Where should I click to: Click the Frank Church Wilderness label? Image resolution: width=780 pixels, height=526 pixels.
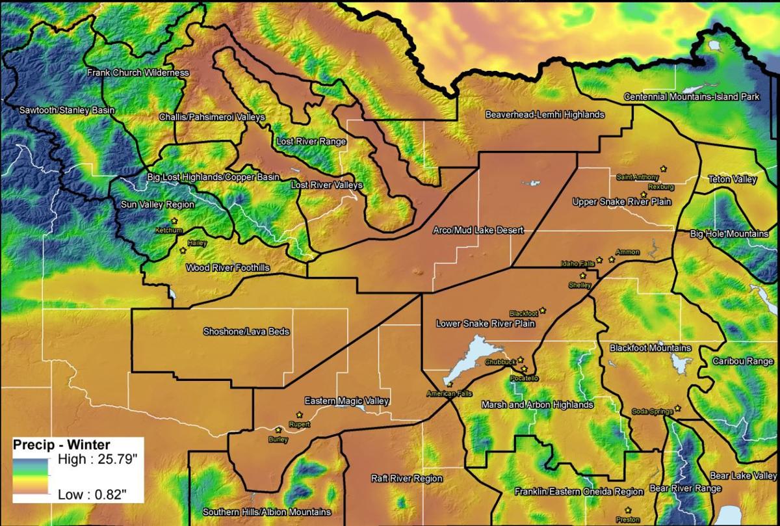pyautogui.click(x=138, y=73)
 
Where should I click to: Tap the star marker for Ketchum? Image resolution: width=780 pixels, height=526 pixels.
pyautogui.click(x=174, y=221)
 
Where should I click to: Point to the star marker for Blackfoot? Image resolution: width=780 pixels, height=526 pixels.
pyautogui.click(x=542, y=310)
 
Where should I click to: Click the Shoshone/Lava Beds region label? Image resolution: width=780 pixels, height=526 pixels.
pyautogui.click(x=246, y=332)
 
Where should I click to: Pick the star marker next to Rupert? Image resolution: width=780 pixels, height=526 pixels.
pyautogui.click(x=299, y=415)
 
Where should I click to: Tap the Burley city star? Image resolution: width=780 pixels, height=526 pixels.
pyautogui.click(x=278, y=430)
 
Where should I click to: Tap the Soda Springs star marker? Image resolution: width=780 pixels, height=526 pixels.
pyautogui.click(x=677, y=408)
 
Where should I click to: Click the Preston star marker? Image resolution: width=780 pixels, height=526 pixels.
pyautogui.click(x=628, y=510)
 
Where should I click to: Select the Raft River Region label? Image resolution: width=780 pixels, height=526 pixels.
pyautogui.click(x=406, y=479)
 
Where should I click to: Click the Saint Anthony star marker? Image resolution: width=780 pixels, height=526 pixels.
pyautogui.click(x=663, y=168)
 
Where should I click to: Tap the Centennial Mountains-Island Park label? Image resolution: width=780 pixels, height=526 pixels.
pyautogui.click(x=692, y=97)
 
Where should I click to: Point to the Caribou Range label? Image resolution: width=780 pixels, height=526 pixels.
pyautogui.click(x=742, y=361)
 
